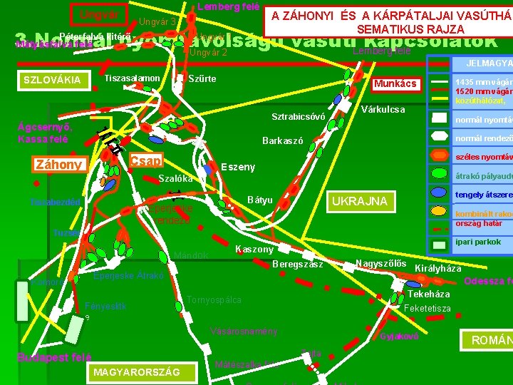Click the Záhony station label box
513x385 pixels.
(58, 165)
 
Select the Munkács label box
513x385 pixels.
(395, 84)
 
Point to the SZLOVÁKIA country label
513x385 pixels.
(52, 80)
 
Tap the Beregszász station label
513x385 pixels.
(298, 265)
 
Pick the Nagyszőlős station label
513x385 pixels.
(380, 264)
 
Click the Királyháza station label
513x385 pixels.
(437, 269)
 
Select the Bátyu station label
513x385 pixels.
(259, 200)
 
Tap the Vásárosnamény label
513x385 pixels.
(244, 332)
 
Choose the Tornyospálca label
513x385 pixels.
(213, 300)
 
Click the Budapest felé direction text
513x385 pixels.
(53, 357)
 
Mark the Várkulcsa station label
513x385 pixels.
(383, 110)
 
